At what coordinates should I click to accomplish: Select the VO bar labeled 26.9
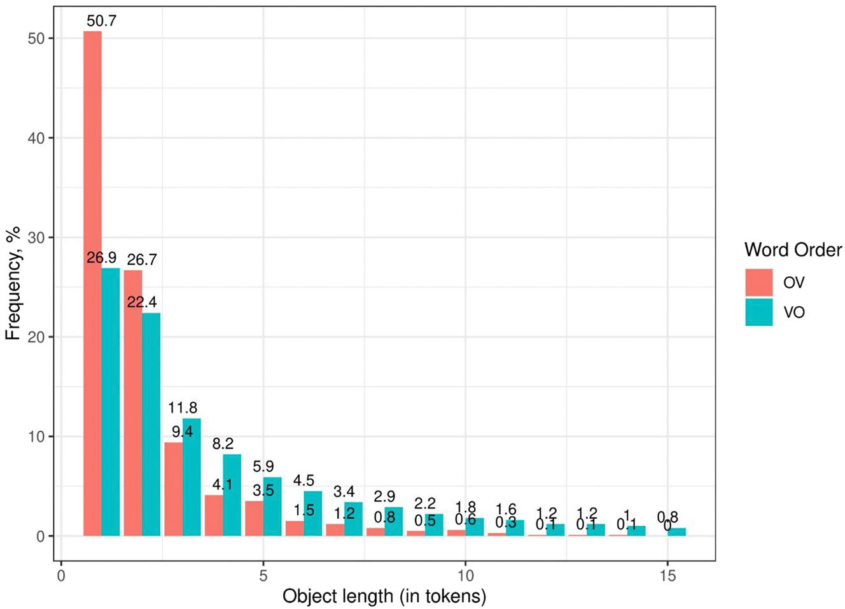111,402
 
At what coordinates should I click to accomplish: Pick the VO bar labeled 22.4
151,424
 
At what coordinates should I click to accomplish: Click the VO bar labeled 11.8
192,477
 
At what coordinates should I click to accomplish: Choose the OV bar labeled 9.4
173,489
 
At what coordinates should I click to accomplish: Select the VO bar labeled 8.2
232,495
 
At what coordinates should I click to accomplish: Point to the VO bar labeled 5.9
272,507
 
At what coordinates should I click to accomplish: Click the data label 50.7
102,21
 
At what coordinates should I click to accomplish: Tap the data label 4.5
304,480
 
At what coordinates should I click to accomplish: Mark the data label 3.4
344,491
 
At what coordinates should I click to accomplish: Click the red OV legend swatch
759,283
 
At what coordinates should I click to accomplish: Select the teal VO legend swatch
759,312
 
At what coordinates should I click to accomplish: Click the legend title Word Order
793,250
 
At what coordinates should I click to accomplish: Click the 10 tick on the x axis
465,575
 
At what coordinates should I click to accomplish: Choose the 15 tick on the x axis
667,575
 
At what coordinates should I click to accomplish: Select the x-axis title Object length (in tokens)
384,596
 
